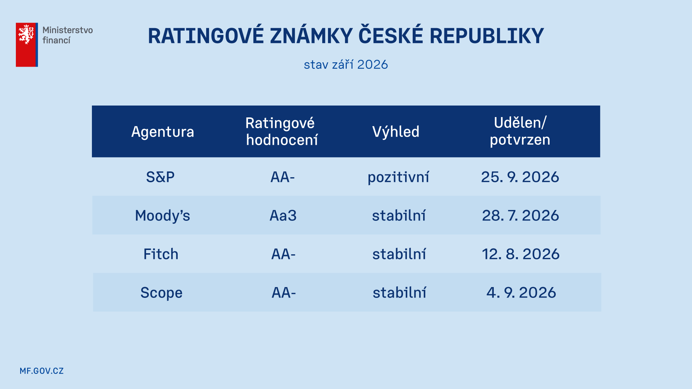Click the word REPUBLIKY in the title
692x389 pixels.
pos(487,36)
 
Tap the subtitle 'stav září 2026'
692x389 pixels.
pos(346,64)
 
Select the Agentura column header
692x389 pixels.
pos(163,132)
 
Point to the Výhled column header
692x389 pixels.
pos(396,132)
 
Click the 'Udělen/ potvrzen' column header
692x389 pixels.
pos(520,131)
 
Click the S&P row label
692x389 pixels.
pos(160,177)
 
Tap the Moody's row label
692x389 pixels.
pos(163,215)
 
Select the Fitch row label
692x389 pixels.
pos(161,254)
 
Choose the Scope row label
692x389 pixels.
pos(161,293)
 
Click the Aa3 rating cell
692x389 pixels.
pos(283,215)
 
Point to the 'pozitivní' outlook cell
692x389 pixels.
pos(398,177)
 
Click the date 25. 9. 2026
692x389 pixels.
pos(520,177)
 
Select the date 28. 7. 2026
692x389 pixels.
pos(520,215)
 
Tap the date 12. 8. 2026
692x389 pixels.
pos(521,254)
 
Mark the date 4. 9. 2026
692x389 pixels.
pos(521,292)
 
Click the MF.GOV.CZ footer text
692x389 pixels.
pos(41,371)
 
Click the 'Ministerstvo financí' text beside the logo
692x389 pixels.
pos(67,35)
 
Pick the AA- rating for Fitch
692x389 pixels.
pos(283,254)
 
